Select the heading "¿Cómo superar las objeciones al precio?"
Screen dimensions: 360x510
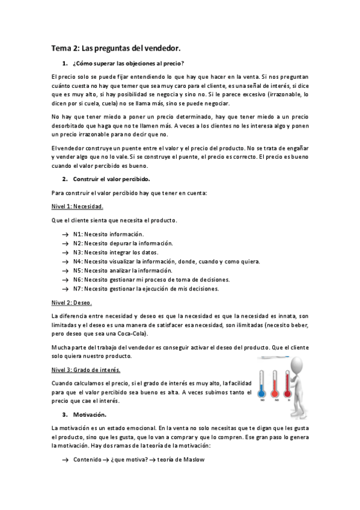pyautogui.click(x=128, y=63)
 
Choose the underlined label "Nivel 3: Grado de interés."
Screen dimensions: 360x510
pyautogui.click(x=86, y=369)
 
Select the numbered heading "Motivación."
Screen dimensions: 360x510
pyautogui.click(x=90, y=415)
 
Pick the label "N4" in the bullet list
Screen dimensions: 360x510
pyautogui.click(x=78, y=262)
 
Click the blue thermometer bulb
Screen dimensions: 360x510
pyautogui.click(x=262, y=392)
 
